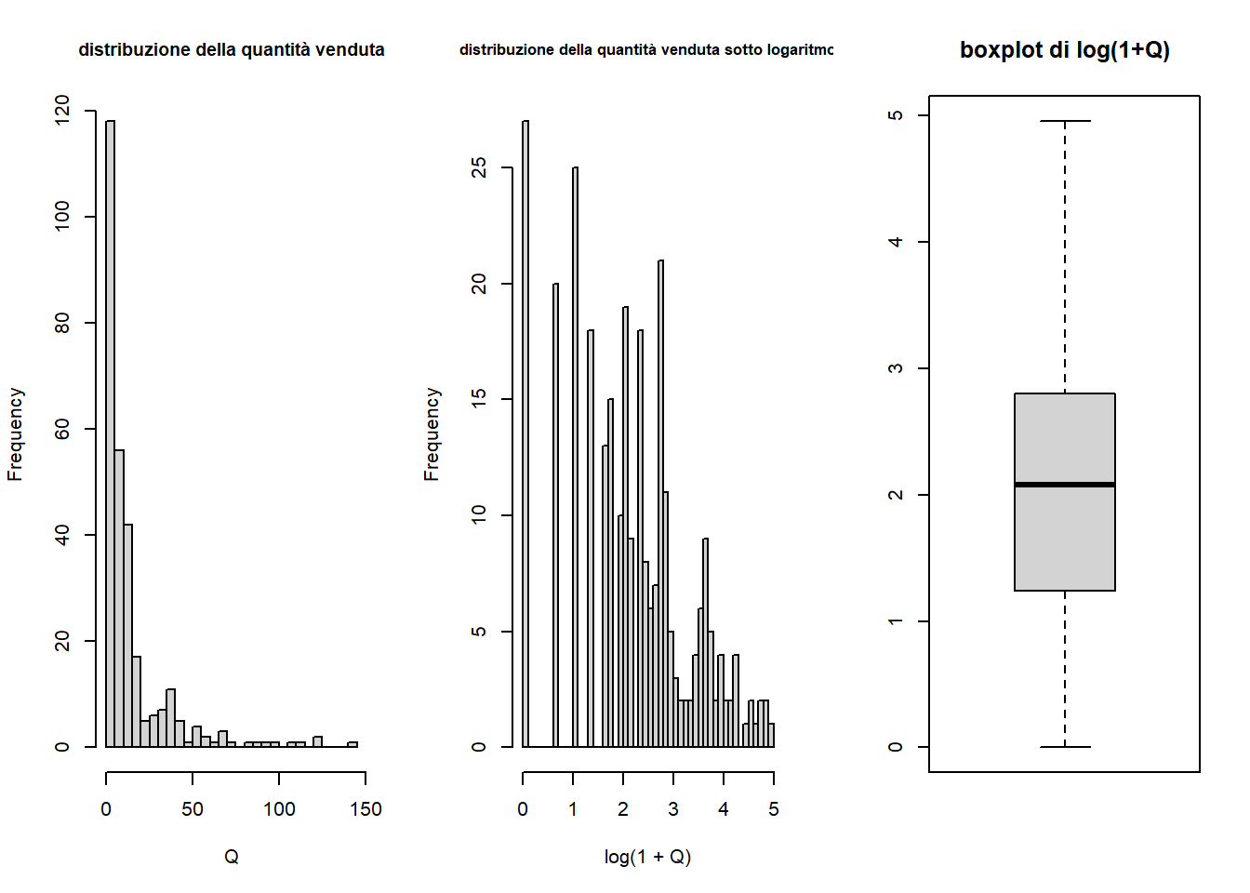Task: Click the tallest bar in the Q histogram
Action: coord(110,433)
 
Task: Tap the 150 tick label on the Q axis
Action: coord(366,809)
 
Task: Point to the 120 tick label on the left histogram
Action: coord(62,110)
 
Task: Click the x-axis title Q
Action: coord(232,857)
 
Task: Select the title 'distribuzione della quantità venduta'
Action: coord(232,50)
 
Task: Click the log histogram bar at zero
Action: coord(525,433)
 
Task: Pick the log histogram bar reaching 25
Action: coord(575,456)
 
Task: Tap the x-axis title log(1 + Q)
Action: coord(647,857)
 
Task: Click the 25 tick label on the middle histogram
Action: coord(479,167)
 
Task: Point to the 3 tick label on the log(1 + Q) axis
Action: coord(673,809)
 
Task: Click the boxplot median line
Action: coord(1065,485)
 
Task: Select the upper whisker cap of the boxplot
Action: coord(1065,121)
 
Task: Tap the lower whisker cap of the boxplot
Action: coord(1065,747)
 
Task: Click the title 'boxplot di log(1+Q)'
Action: coord(1065,50)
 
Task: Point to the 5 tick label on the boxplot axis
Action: coord(896,115)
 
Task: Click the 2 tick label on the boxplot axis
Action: coord(896,495)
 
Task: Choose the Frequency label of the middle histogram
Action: coord(432,434)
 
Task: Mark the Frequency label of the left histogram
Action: coord(15,434)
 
